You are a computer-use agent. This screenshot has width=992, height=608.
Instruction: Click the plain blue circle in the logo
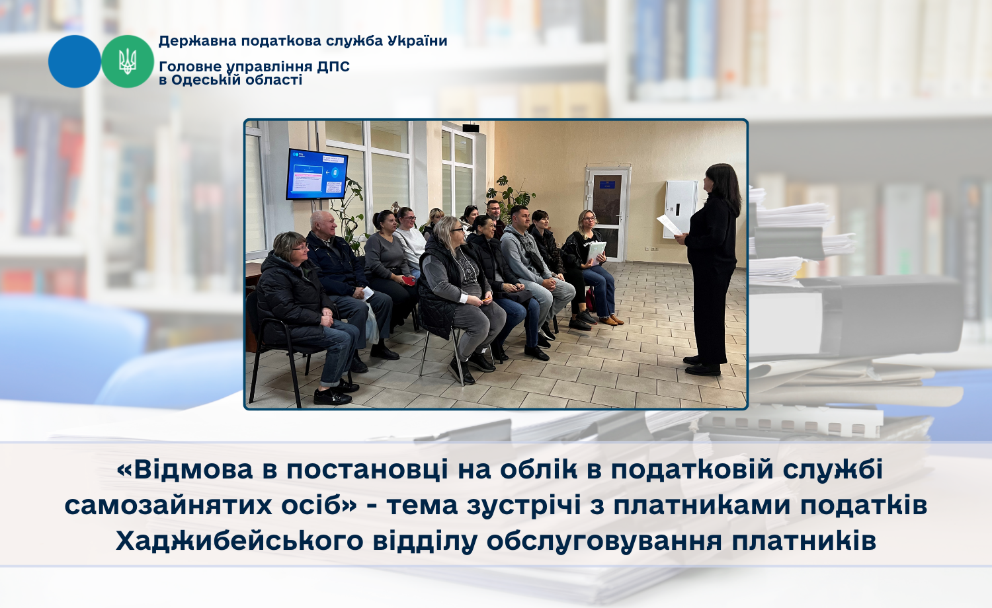[74, 61]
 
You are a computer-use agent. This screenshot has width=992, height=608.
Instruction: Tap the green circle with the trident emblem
[128, 61]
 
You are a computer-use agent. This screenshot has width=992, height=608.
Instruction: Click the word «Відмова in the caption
[185, 470]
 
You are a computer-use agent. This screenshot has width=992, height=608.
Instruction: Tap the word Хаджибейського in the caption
[239, 541]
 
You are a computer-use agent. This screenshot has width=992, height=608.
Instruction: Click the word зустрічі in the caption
[524, 506]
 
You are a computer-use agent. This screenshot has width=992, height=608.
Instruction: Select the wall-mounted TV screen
[316, 174]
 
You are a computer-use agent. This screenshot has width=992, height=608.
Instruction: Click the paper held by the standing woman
[669, 225]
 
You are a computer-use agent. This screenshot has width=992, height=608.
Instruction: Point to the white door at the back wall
[608, 214]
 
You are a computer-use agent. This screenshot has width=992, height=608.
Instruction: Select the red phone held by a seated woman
[408, 280]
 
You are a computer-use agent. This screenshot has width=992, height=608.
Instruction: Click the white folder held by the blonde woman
[596, 253]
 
